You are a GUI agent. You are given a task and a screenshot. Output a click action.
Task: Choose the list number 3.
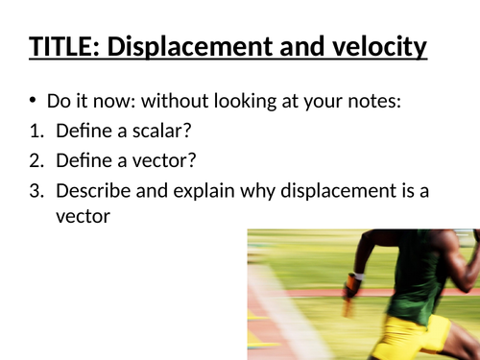pos(36,191)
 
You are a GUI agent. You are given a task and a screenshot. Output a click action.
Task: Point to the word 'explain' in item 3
pos(194,191)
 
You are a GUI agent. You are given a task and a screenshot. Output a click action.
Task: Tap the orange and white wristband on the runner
pos(355,279)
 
